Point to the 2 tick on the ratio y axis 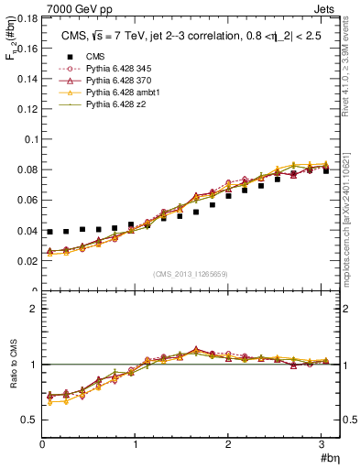[33, 309]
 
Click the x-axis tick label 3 [322, 445]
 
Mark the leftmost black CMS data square [50, 232]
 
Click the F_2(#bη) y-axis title [10, 40]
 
